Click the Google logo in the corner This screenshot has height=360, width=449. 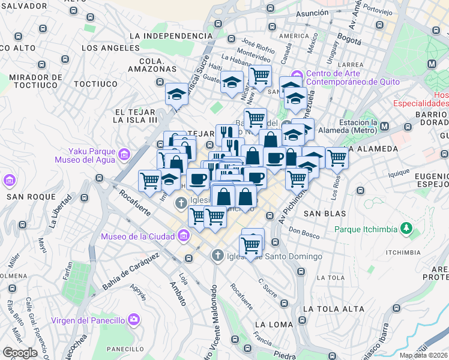click(20, 352)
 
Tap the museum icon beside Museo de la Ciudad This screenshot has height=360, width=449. click(183, 236)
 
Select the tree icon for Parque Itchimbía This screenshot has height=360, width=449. click(407, 229)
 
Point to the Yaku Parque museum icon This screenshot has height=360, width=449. click(124, 155)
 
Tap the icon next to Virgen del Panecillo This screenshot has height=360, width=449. click(135, 319)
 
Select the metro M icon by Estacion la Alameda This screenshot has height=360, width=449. click(384, 127)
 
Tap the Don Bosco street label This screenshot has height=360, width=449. click(303, 230)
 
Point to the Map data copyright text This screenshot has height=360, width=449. click(424, 355)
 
